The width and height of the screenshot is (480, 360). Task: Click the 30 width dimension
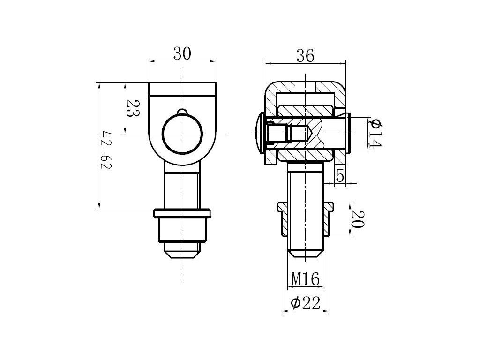[x=182, y=53]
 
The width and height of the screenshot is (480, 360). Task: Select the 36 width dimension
[x=305, y=56]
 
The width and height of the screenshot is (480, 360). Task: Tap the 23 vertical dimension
[x=133, y=108]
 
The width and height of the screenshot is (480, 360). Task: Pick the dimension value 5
[x=340, y=176]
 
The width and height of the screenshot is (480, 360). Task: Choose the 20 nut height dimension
[x=357, y=219]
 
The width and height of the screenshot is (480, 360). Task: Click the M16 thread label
[x=305, y=278]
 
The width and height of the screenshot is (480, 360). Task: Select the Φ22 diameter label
[x=305, y=303]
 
